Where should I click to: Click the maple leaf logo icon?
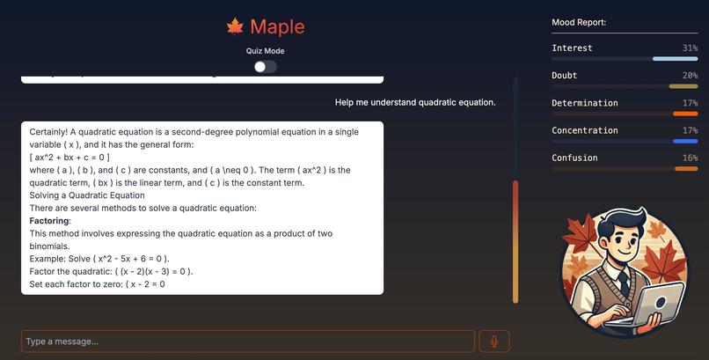(x=235, y=26)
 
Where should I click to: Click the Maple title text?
(x=277, y=26)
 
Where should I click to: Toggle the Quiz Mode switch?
(x=265, y=66)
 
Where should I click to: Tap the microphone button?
(x=494, y=342)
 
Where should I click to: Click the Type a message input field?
(x=247, y=342)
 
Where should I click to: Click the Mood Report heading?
(x=579, y=22)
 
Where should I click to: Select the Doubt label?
(x=564, y=76)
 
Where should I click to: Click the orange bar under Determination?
(x=684, y=114)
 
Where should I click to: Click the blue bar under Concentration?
(x=684, y=141)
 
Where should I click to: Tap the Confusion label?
(x=574, y=158)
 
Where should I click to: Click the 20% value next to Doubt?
(x=689, y=76)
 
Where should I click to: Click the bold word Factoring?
(x=50, y=221)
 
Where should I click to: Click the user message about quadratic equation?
(x=415, y=102)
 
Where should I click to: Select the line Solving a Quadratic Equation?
(x=87, y=195)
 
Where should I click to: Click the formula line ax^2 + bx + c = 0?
(x=69, y=157)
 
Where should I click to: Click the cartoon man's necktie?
(x=623, y=282)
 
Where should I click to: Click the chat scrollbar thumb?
(x=515, y=241)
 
